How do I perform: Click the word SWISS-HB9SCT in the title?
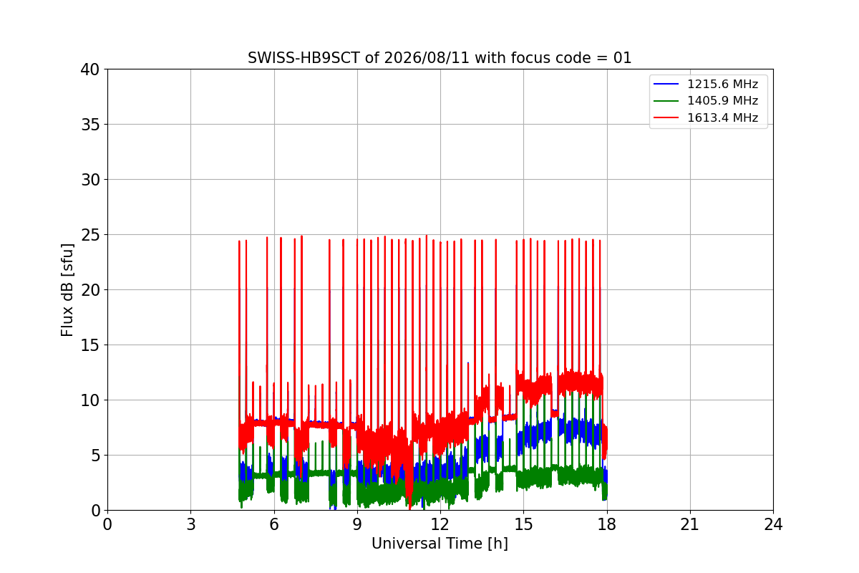click(x=304, y=58)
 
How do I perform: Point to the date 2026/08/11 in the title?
click(x=427, y=58)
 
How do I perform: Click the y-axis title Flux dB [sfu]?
click(x=67, y=290)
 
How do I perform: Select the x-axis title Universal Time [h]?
click(x=440, y=544)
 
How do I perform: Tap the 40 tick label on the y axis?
click(x=90, y=69)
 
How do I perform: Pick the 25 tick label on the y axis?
click(x=90, y=235)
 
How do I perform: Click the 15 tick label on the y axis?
click(x=90, y=345)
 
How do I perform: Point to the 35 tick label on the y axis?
click(x=90, y=125)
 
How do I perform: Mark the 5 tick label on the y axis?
click(x=95, y=456)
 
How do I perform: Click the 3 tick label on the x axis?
click(x=191, y=524)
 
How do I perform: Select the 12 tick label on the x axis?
click(x=440, y=524)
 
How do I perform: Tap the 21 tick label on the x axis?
click(x=690, y=524)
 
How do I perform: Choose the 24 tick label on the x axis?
click(x=773, y=524)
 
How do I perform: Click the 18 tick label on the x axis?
click(x=607, y=524)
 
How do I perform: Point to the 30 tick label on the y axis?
click(x=90, y=180)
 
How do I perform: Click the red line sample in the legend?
click(x=666, y=117)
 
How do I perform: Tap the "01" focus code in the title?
click(x=622, y=58)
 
